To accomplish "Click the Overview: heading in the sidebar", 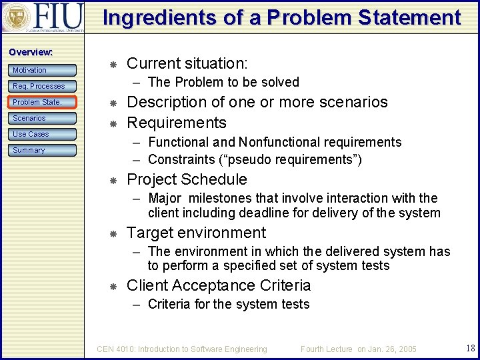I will [x=31, y=52].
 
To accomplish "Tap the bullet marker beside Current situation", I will [x=113, y=65].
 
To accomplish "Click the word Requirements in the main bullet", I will [x=177, y=123].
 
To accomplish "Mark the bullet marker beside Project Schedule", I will [x=113, y=180].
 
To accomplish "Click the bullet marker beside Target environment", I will [x=113, y=233].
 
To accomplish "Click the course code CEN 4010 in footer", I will [x=117, y=349].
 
